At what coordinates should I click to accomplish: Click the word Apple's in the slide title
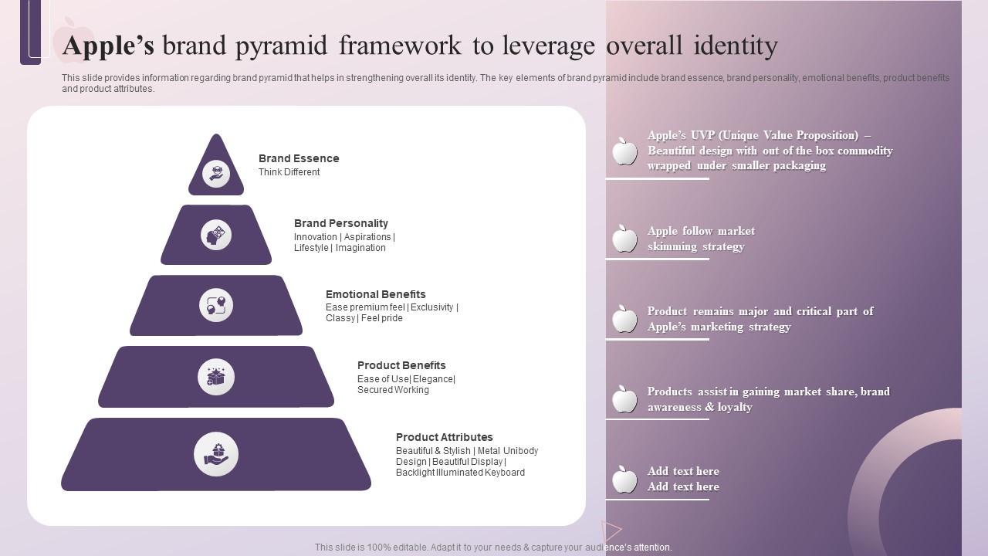point(108,46)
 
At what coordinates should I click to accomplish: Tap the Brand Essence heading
point(299,158)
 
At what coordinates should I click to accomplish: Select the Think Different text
point(289,172)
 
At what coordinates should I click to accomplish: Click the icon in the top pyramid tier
point(216,174)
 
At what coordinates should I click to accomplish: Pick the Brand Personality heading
point(340,223)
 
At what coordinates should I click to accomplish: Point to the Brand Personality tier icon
point(216,234)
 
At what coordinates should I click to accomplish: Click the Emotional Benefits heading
point(375,294)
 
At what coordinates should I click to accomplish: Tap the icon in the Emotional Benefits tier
point(216,305)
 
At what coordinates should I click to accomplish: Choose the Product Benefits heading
point(401,365)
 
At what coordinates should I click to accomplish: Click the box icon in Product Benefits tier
point(216,377)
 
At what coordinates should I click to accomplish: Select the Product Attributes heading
point(444,437)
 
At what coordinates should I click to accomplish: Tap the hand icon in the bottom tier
point(216,454)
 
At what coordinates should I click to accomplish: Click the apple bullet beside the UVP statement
point(624,151)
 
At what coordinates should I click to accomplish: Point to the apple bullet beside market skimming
point(624,239)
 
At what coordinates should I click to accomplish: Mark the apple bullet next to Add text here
point(624,479)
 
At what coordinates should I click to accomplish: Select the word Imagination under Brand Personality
point(360,248)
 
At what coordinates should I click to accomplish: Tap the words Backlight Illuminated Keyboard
point(460,473)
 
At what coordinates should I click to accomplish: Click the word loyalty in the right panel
point(735,407)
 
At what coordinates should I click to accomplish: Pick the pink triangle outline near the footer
point(611,531)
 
